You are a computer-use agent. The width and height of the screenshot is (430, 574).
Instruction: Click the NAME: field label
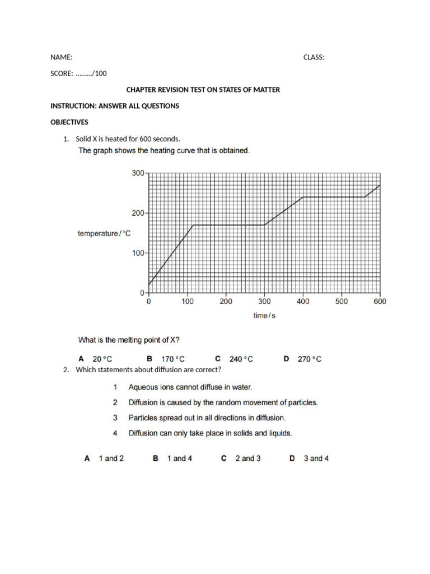[61, 57]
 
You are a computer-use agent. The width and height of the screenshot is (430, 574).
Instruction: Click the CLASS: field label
[314, 57]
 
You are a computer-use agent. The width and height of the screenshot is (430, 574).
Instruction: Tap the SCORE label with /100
[78, 73]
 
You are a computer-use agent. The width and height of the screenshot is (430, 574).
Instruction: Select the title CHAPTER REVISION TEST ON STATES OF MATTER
[203, 90]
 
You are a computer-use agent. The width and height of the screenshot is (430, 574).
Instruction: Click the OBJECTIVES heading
[69, 122]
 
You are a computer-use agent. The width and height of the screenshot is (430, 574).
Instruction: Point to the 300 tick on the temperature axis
[138, 173]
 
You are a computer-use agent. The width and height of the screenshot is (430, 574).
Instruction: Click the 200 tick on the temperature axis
[138, 213]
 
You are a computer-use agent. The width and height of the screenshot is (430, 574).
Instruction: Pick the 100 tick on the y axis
[138, 253]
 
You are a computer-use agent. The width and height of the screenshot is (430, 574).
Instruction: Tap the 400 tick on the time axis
[303, 302]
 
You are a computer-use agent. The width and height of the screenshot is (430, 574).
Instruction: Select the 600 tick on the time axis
[380, 302]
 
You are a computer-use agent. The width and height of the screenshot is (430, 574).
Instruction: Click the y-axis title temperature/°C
[104, 234]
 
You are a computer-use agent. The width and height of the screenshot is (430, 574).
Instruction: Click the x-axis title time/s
[264, 316]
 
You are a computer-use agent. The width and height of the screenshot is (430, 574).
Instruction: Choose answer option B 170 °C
[166, 359]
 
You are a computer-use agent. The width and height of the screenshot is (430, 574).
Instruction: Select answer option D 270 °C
[303, 359]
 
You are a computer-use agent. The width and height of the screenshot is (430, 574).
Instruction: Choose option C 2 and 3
[241, 459]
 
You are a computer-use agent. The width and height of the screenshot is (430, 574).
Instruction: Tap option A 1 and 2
[104, 459]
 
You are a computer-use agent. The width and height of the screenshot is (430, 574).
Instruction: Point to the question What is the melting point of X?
[129, 340]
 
